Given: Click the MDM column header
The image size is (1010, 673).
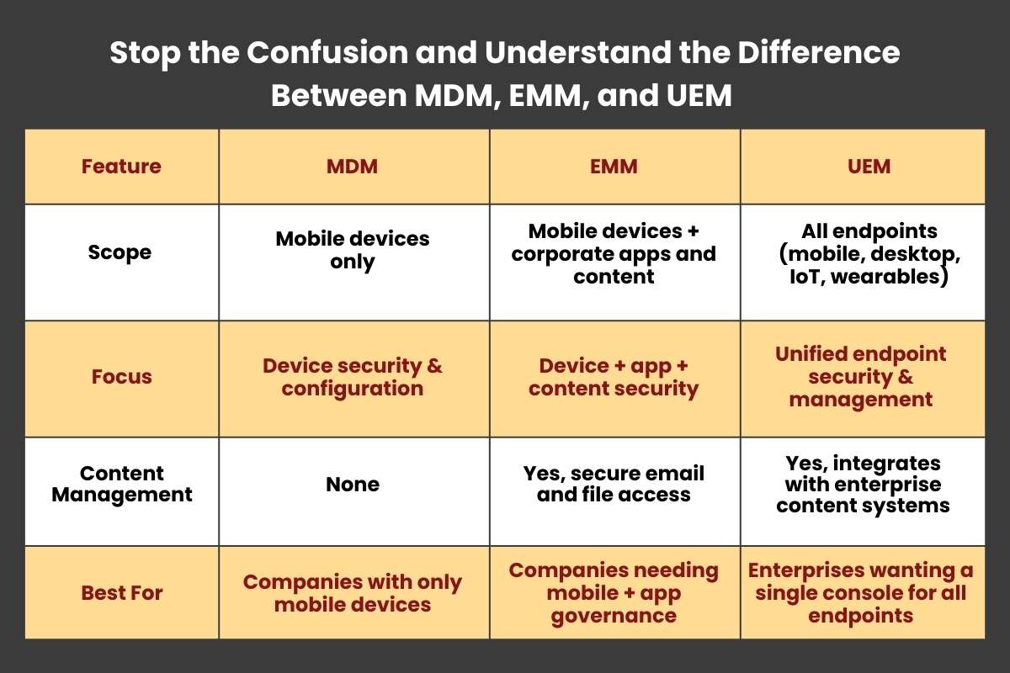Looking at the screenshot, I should pyautogui.click(x=352, y=167).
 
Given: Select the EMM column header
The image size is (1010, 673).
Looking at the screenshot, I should pyautogui.click(x=614, y=167).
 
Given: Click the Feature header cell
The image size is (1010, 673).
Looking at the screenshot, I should pyautogui.click(x=121, y=167).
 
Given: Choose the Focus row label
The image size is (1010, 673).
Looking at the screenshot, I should pyautogui.click(x=122, y=377).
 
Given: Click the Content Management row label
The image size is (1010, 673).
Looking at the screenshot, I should pyautogui.click(x=122, y=484).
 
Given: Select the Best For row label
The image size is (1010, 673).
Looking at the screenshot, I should pyautogui.click(x=122, y=593).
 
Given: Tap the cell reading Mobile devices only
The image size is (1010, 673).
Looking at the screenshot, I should pyautogui.click(x=352, y=250).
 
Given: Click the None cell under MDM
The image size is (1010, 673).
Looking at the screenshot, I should pyautogui.click(x=353, y=485).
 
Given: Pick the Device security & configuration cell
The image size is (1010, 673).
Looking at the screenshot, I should pyautogui.click(x=353, y=377).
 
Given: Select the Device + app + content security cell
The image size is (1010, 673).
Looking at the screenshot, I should pyautogui.click(x=614, y=377).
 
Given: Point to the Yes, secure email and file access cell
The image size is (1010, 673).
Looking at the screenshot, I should pyautogui.click(x=614, y=484).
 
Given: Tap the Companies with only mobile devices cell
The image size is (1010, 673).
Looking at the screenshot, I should pyautogui.click(x=353, y=593).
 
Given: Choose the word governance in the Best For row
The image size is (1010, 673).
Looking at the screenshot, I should pyautogui.click(x=614, y=615).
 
